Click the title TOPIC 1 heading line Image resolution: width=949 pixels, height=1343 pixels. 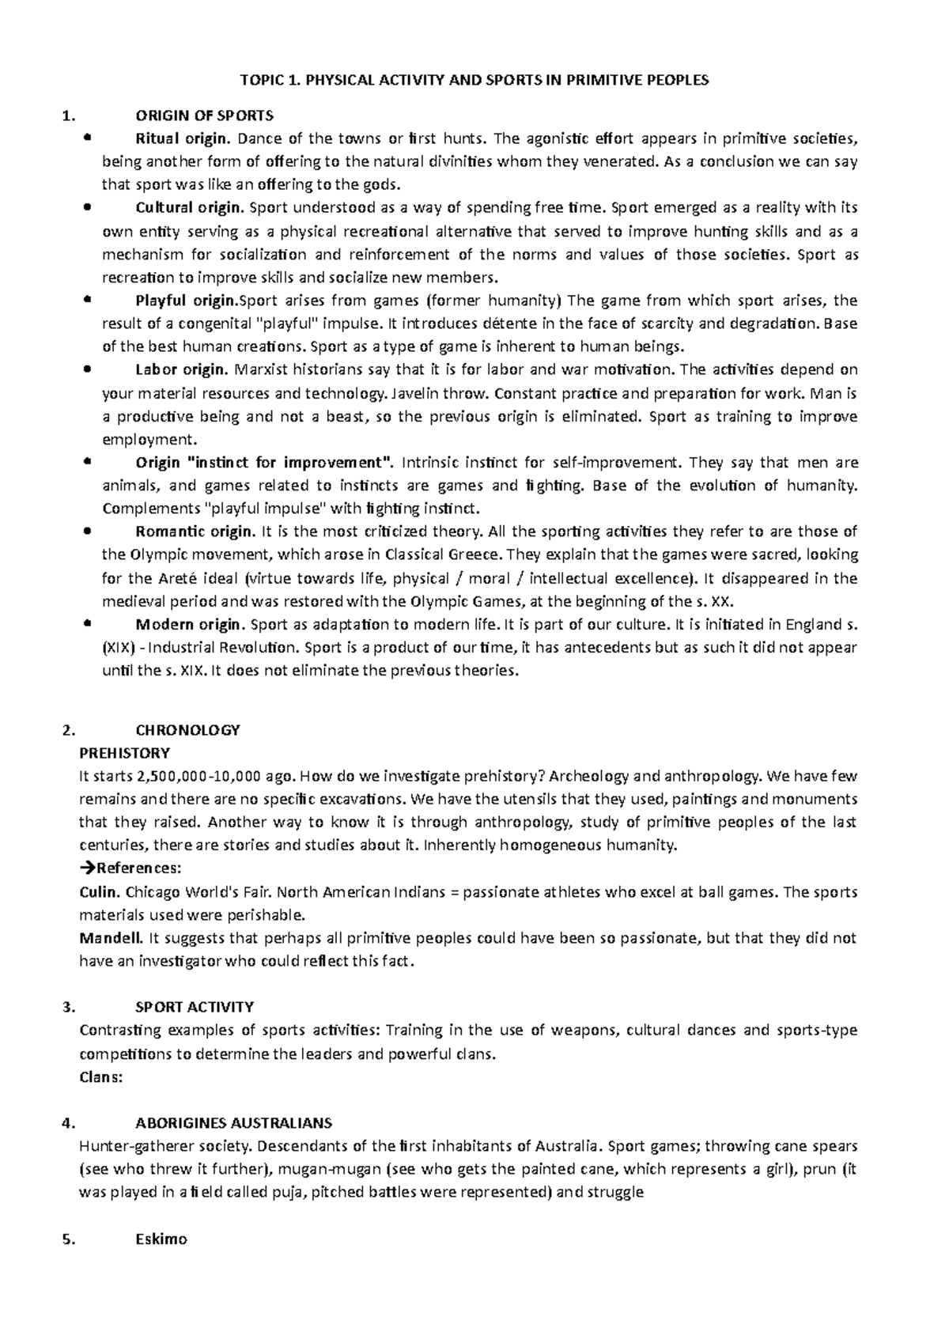pyautogui.click(x=475, y=80)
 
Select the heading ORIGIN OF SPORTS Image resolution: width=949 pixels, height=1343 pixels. pyautogui.click(x=204, y=115)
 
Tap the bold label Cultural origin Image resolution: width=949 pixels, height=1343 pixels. pyautogui.click(x=190, y=208)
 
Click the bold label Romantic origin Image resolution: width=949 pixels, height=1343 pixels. pyautogui.click(x=195, y=532)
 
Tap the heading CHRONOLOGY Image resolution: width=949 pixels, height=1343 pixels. pyautogui.click(x=187, y=729)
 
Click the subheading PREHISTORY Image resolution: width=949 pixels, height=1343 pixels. pyautogui.click(x=125, y=752)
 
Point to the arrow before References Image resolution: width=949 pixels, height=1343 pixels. pyautogui.click(x=86, y=868)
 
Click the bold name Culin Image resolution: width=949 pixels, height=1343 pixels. pyautogui.click(x=100, y=892)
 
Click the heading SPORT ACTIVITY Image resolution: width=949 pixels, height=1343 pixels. pyautogui.click(x=195, y=1008)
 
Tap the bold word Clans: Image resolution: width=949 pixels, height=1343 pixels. pyautogui.click(x=101, y=1076)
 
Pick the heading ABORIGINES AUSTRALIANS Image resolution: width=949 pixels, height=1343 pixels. pyautogui.click(x=233, y=1123)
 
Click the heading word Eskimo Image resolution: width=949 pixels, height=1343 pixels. pyautogui.click(x=161, y=1239)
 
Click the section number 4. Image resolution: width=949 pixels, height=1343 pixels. pyautogui.click(x=66, y=1123)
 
